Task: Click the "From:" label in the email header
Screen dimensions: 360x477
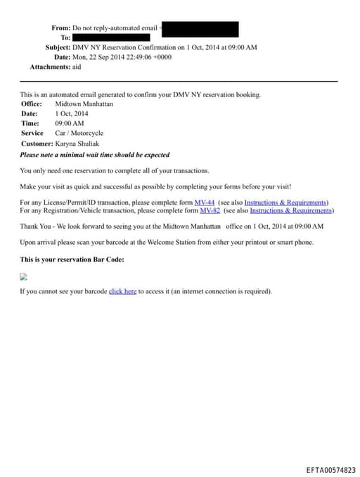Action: click(60, 27)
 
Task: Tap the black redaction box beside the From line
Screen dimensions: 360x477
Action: click(200, 28)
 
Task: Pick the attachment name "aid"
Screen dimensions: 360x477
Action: click(77, 67)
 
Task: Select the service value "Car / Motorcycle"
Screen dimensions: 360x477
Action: click(79, 133)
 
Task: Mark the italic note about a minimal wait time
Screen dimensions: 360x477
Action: click(94, 155)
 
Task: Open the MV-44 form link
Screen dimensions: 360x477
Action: click(204, 203)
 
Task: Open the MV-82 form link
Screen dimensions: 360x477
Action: click(210, 210)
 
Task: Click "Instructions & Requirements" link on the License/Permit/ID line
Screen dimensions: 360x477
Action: click(285, 203)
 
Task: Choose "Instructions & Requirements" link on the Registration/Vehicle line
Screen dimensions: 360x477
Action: click(290, 210)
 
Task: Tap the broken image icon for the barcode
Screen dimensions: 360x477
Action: click(23, 277)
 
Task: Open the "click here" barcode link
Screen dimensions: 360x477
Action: click(122, 291)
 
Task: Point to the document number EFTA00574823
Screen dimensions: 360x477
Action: click(330, 470)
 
